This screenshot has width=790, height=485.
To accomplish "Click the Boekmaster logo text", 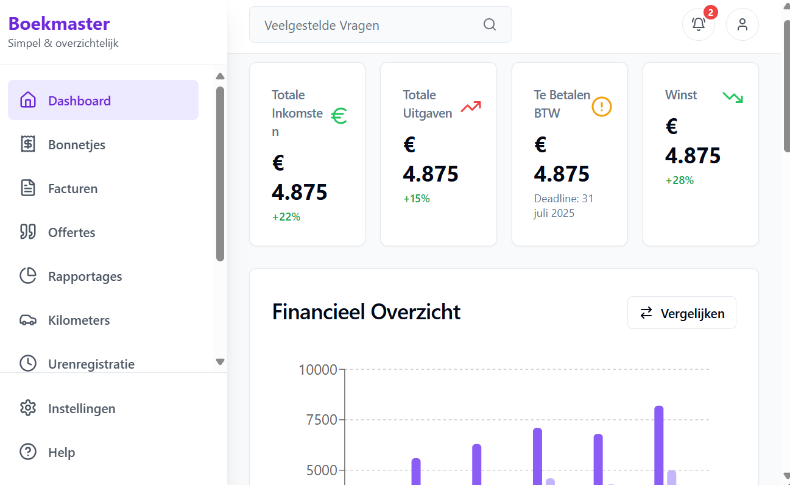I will point(59,24).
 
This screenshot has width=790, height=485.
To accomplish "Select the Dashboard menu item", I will point(79,101).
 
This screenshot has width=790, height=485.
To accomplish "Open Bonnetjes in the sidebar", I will point(77,144).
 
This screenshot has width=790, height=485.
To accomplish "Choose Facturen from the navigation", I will point(73,188).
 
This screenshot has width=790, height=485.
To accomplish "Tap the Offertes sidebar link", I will point(72,232).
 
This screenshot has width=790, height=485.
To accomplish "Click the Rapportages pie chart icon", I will point(28,276).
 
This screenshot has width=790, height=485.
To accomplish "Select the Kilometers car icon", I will point(28,320).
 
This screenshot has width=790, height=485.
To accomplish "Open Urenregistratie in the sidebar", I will point(91,364).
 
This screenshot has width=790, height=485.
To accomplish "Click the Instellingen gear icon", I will point(28,408).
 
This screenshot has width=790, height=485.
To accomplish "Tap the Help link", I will point(62,452).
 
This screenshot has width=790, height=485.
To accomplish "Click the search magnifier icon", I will point(490,24).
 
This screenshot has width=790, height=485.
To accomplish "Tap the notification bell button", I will point(699,24).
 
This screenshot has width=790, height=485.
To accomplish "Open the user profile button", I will point(742,24).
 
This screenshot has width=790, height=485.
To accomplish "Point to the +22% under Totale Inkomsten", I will point(286,216).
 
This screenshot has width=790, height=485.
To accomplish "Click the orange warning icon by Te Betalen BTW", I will point(602,107).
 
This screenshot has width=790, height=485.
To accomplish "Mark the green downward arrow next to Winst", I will point(733,97).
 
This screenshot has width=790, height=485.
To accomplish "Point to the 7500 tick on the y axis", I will point(318,420).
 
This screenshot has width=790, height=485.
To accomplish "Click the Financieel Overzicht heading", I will point(366,312).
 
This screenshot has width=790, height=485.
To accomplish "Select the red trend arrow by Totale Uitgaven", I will point(471,107).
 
